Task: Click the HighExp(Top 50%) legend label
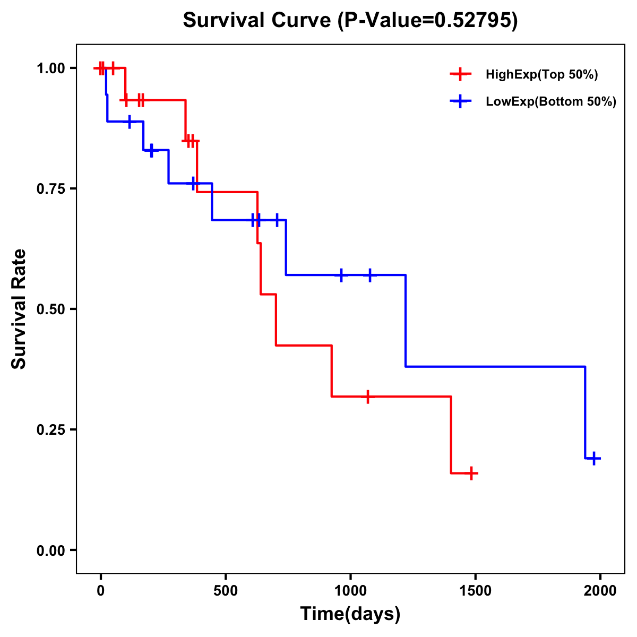pos(541,75)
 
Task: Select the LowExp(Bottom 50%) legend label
pos(551,102)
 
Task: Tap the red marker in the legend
pos(460,74)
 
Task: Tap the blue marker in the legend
pos(460,101)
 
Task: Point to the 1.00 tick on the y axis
pos(50,68)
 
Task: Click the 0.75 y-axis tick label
pos(50,189)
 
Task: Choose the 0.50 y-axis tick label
pos(50,309)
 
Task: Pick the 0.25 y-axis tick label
pos(50,430)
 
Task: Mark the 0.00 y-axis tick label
pos(50,550)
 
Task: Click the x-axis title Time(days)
pos(350,614)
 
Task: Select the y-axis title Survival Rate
pos(19,309)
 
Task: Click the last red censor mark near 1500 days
pos(471,473)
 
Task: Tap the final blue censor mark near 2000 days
pos(595,458)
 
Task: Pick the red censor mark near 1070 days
pos(367,397)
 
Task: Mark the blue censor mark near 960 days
pos(341,275)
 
